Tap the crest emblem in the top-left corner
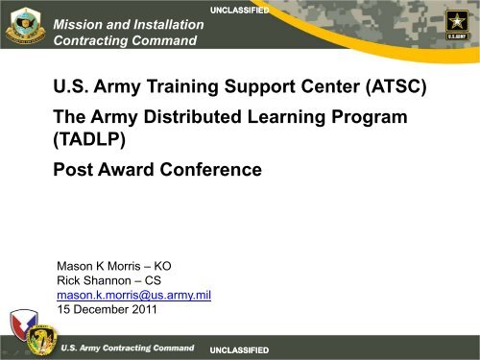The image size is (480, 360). coord(25,26)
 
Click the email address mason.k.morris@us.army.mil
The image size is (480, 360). coord(134,295)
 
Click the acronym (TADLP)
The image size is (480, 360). coord(96,149)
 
